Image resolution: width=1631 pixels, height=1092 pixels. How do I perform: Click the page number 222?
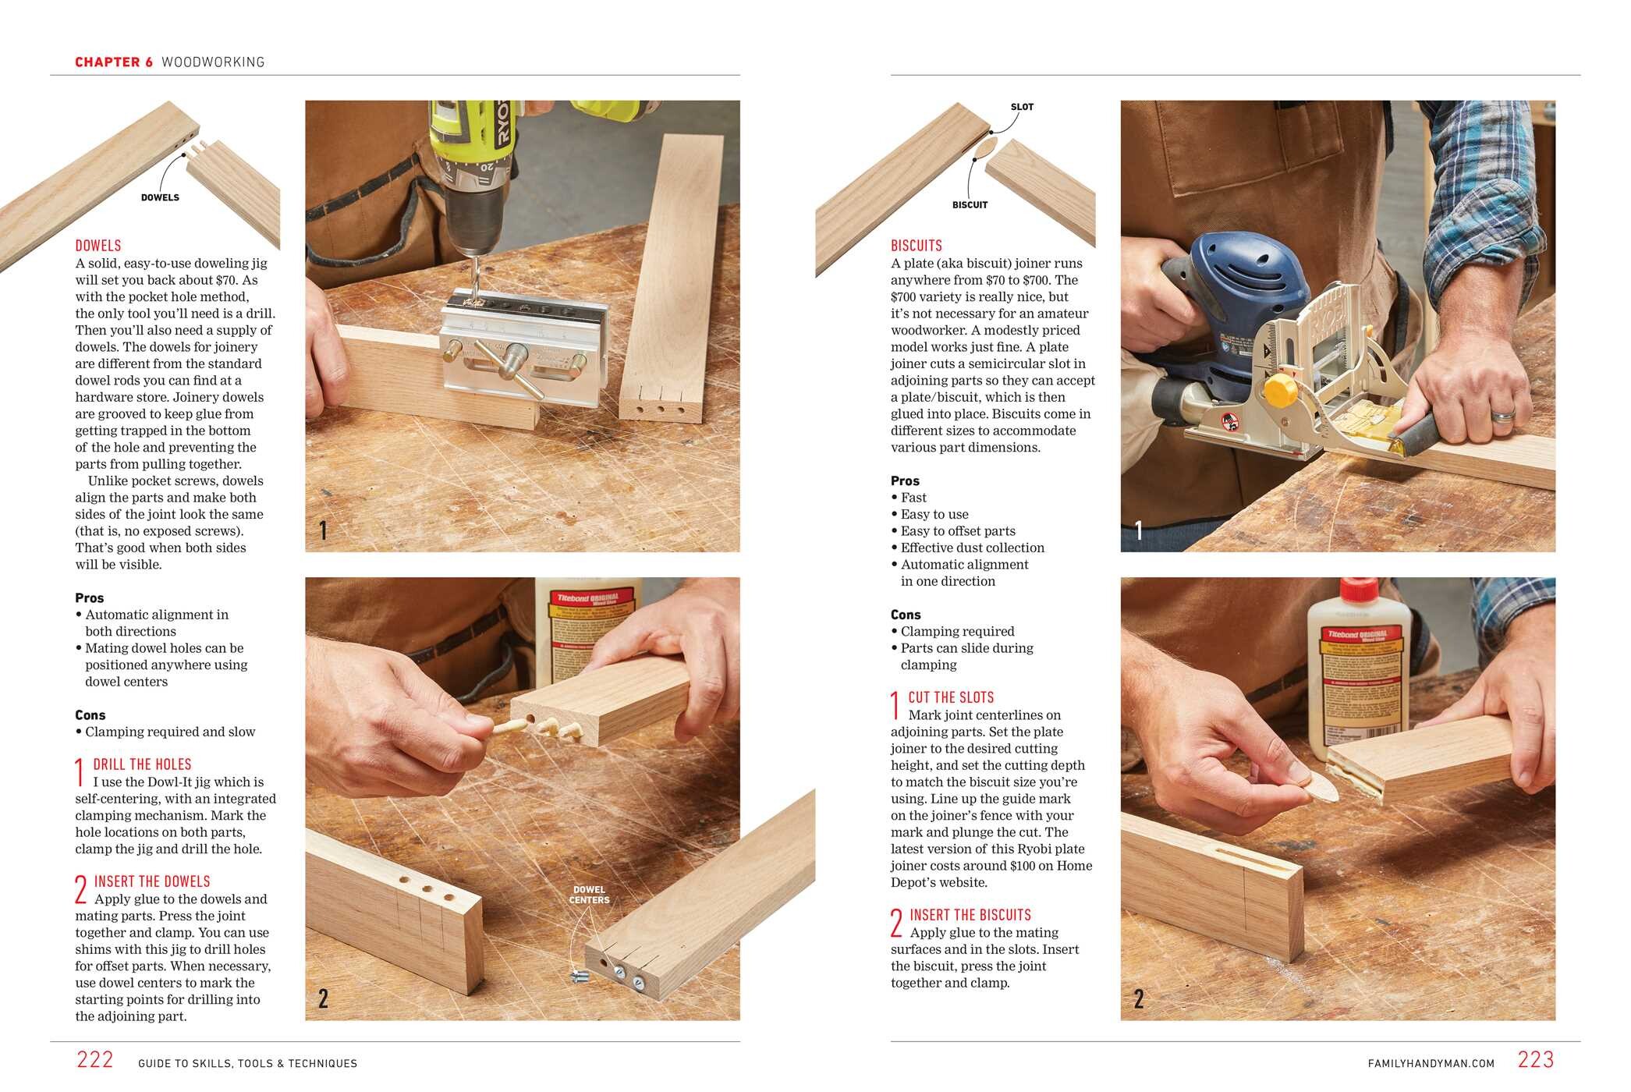[x=94, y=1059]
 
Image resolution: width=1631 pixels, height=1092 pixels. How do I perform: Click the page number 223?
[x=1535, y=1059]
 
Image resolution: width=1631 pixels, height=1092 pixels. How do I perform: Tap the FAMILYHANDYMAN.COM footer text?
[x=1431, y=1063]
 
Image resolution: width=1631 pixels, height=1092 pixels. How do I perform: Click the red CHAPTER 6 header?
[x=114, y=62]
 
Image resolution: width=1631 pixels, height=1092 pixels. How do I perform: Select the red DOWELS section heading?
[x=98, y=245]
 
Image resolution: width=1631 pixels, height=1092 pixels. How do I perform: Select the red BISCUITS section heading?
[x=916, y=245]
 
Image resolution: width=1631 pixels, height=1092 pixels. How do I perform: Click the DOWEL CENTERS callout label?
[x=589, y=895]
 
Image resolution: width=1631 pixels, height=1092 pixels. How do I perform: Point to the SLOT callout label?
[x=1021, y=107]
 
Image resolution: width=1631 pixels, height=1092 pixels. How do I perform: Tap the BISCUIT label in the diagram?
[x=970, y=205]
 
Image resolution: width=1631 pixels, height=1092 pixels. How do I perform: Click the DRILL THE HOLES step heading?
[x=142, y=764]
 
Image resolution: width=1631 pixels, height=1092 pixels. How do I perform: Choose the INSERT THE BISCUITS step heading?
[x=970, y=915]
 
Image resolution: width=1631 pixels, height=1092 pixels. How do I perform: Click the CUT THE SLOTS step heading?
[x=951, y=697]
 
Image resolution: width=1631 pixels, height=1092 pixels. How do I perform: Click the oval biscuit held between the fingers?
[x=1319, y=792]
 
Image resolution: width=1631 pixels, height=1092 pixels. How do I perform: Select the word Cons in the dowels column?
[x=90, y=714]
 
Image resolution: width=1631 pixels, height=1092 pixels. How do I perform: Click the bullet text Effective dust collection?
[x=972, y=548]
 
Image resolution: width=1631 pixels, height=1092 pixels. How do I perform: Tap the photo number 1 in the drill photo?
[x=323, y=530]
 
